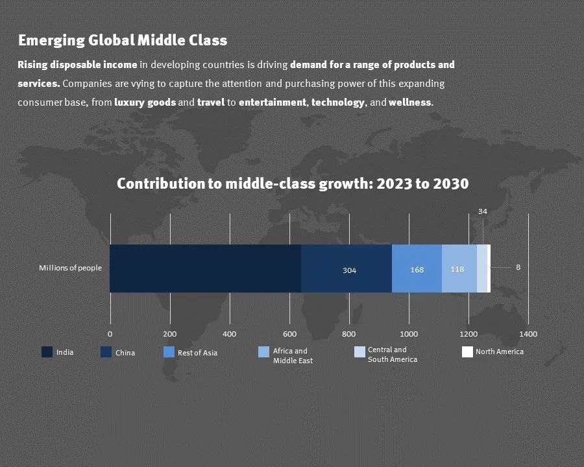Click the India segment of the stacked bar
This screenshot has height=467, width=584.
[x=205, y=269]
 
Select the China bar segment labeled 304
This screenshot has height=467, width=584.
[x=347, y=269]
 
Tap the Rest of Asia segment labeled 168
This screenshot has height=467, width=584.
[x=417, y=269]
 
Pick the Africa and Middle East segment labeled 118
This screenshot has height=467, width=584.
[x=459, y=269]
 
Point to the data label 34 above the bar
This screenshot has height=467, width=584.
[x=483, y=211]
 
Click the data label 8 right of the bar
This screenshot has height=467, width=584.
[x=518, y=267]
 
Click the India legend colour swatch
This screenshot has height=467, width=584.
[x=47, y=352]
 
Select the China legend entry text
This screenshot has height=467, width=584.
[x=125, y=353]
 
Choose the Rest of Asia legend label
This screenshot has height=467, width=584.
[x=197, y=353]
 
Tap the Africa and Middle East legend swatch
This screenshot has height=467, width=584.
[x=263, y=352]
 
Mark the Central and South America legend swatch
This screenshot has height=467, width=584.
[x=359, y=352]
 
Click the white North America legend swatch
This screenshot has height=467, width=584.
[x=467, y=352]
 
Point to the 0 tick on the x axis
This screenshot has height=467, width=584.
[x=110, y=334]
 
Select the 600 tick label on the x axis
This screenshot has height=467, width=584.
[x=289, y=334]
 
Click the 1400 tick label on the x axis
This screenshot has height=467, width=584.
[x=528, y=334]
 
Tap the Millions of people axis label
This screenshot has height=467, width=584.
[x=70, y=268]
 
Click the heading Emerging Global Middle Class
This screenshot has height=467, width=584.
[x=123, y=40]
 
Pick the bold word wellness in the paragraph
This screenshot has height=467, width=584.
[x=409, y=102]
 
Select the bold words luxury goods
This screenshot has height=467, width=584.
[x=145, y=102]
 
